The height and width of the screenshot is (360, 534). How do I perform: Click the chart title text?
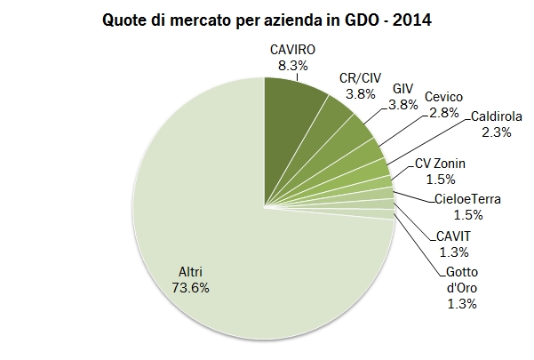coord(267,19)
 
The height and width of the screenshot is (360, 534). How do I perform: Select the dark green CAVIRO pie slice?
coord(294,124)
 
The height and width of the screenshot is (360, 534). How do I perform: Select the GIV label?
coord(402,90)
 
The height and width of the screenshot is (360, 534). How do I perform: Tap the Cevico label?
coord(442,99)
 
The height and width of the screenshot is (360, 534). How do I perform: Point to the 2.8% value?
coord(442,114)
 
